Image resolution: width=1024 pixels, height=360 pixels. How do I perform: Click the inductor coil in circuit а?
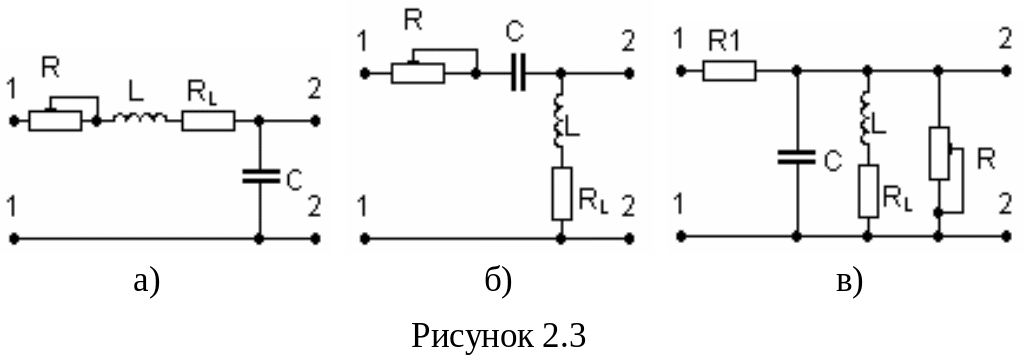139,118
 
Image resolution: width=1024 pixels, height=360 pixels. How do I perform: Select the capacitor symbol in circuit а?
260,176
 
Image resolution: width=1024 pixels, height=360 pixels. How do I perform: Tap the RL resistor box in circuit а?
208,121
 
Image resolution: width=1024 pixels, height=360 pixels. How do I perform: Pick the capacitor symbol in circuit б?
517,74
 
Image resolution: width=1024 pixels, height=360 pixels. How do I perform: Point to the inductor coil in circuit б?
559,121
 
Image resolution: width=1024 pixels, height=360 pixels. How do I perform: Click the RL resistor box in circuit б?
562,193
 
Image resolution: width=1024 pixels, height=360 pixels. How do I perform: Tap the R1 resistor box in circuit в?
729,71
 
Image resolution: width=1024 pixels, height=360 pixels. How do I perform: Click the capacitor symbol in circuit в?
797,156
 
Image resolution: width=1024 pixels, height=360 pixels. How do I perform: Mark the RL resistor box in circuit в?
868,191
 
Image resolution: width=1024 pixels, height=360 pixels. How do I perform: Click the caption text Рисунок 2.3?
498,336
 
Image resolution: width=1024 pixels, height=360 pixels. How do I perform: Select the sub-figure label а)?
146,282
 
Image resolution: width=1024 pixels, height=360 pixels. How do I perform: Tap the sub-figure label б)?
498,281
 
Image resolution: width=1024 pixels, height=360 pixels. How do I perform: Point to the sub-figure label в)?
849,282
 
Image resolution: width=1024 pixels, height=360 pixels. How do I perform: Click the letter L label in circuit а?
135,93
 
